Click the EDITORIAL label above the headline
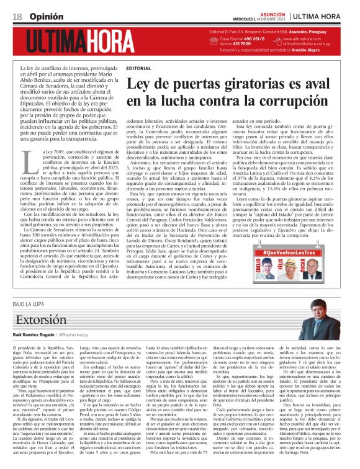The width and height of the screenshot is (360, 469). tap(139, 68)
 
